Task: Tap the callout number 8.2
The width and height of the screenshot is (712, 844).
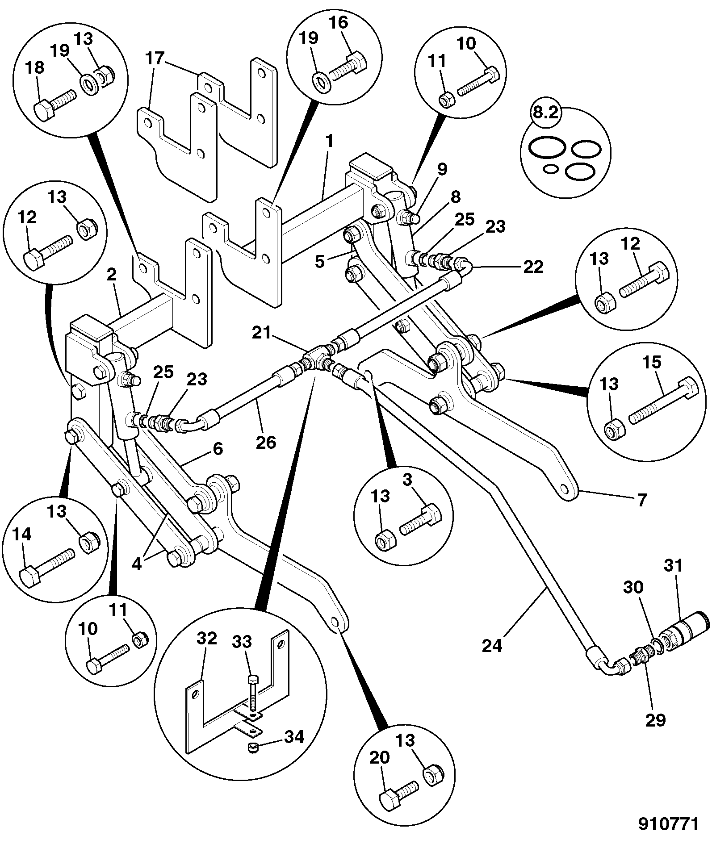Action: tap(546, 113)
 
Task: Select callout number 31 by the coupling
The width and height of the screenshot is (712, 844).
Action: tap(674, 566)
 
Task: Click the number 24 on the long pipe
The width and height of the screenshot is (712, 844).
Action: tap(492, 646)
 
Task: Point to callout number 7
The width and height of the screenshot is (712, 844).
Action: tap(642, 501)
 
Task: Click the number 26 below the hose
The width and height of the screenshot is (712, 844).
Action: tap(266, 442)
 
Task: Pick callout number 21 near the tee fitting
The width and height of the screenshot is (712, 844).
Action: tap(261, 333)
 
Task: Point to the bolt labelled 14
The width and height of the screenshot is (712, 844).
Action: tap(47, 564)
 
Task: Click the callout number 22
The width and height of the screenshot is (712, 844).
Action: tap(534, 267)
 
